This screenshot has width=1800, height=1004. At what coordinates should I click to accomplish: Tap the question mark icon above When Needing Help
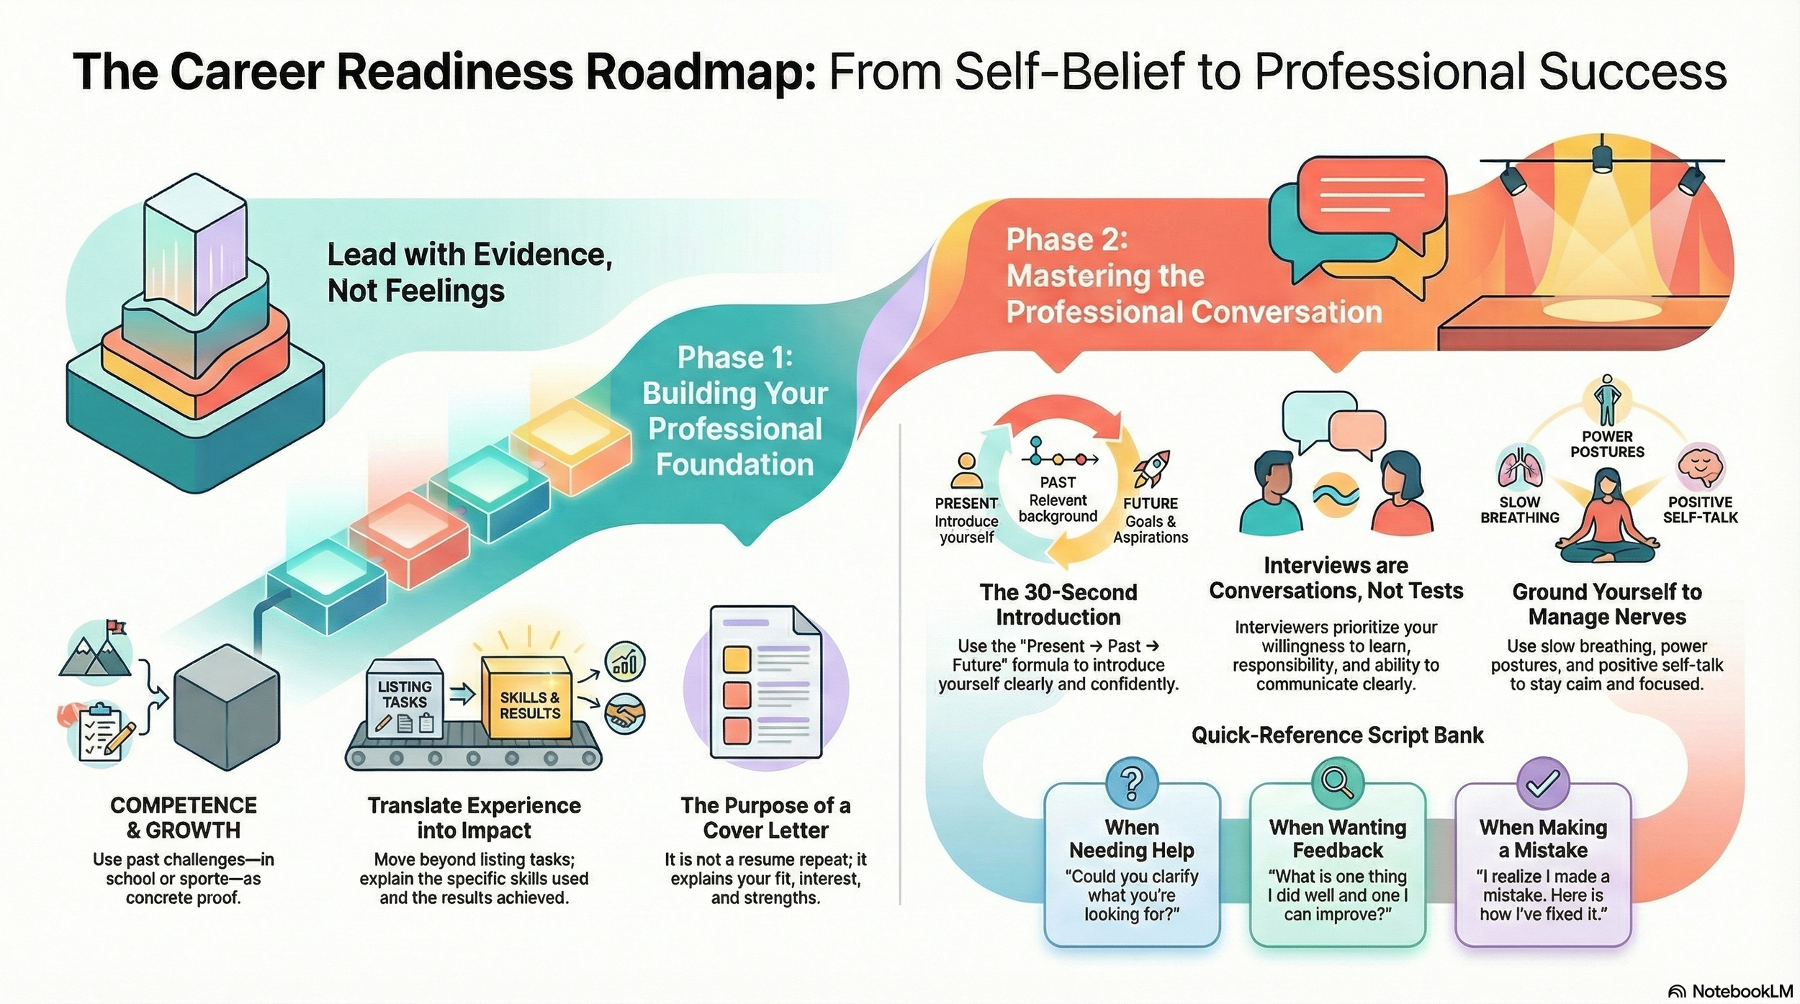1131,782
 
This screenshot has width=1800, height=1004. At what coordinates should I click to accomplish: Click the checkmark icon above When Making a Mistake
1542,782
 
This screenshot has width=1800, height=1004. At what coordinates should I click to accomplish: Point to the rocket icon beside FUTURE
1152,469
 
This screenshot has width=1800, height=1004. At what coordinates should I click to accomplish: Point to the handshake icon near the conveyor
624,713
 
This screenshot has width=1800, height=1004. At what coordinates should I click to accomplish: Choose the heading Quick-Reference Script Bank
1337,735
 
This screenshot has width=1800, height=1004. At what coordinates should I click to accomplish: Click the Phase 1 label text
734,358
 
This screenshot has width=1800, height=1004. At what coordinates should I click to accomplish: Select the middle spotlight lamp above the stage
1601,158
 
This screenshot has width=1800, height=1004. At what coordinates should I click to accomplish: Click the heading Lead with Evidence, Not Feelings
469,273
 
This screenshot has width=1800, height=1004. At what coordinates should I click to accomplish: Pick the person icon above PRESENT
966,471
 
